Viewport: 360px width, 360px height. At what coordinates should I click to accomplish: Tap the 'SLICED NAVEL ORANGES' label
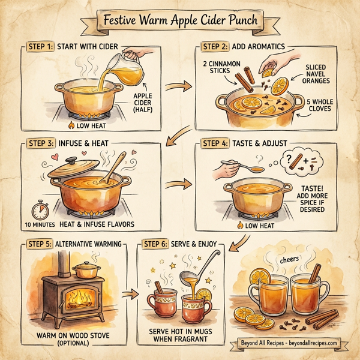click(x=323, y=73)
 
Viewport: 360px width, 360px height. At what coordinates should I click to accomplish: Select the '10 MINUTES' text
click(x=37, y=224)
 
